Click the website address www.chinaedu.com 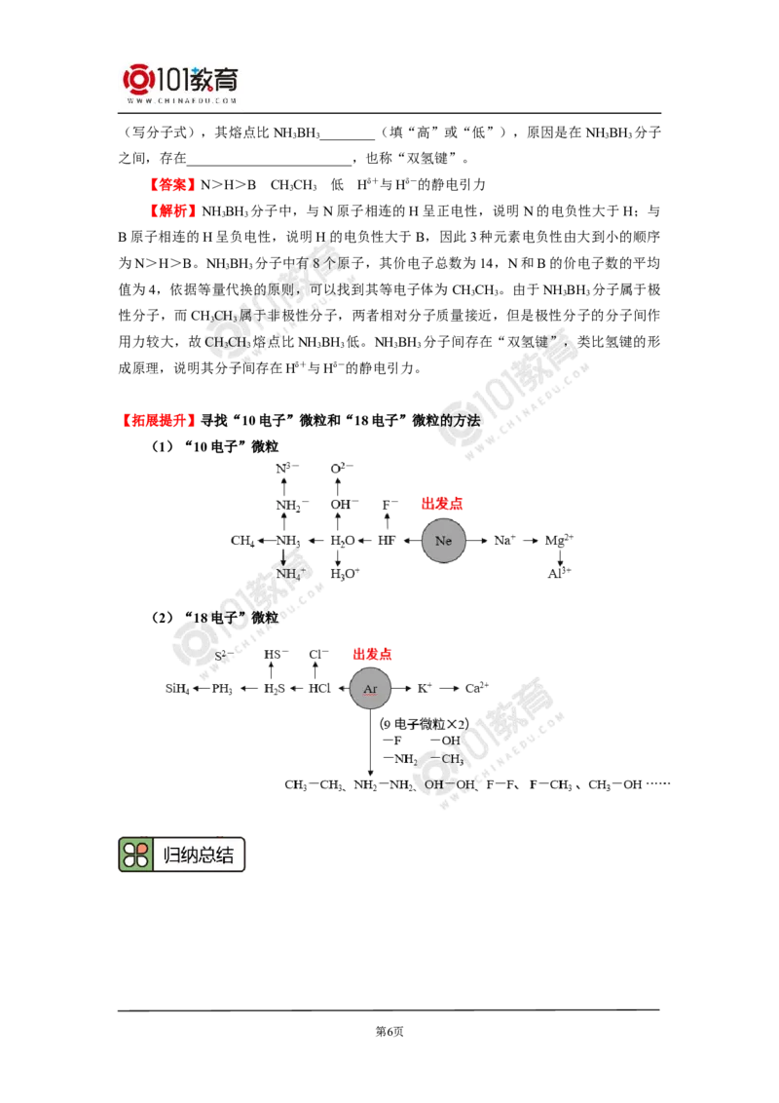pos(182,100)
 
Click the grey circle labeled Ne pos(444,540)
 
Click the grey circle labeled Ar pos(370,689)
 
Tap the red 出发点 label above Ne pos(442,504)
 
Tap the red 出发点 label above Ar pos(373,655)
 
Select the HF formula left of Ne pos(387,540)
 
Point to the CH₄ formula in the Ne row pos(241,540)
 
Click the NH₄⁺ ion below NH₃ pos(288,574)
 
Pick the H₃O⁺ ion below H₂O pos(344,574)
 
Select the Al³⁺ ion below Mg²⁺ pos(560,573)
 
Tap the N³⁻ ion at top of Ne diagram pos(285,469)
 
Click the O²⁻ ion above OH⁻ pos(340,469)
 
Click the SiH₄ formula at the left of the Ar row pos(177,689)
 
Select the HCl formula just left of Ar pos(319,689)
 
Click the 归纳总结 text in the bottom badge pos(199,855)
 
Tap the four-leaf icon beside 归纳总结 pos(136,855)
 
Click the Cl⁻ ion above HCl pos(315,655)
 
